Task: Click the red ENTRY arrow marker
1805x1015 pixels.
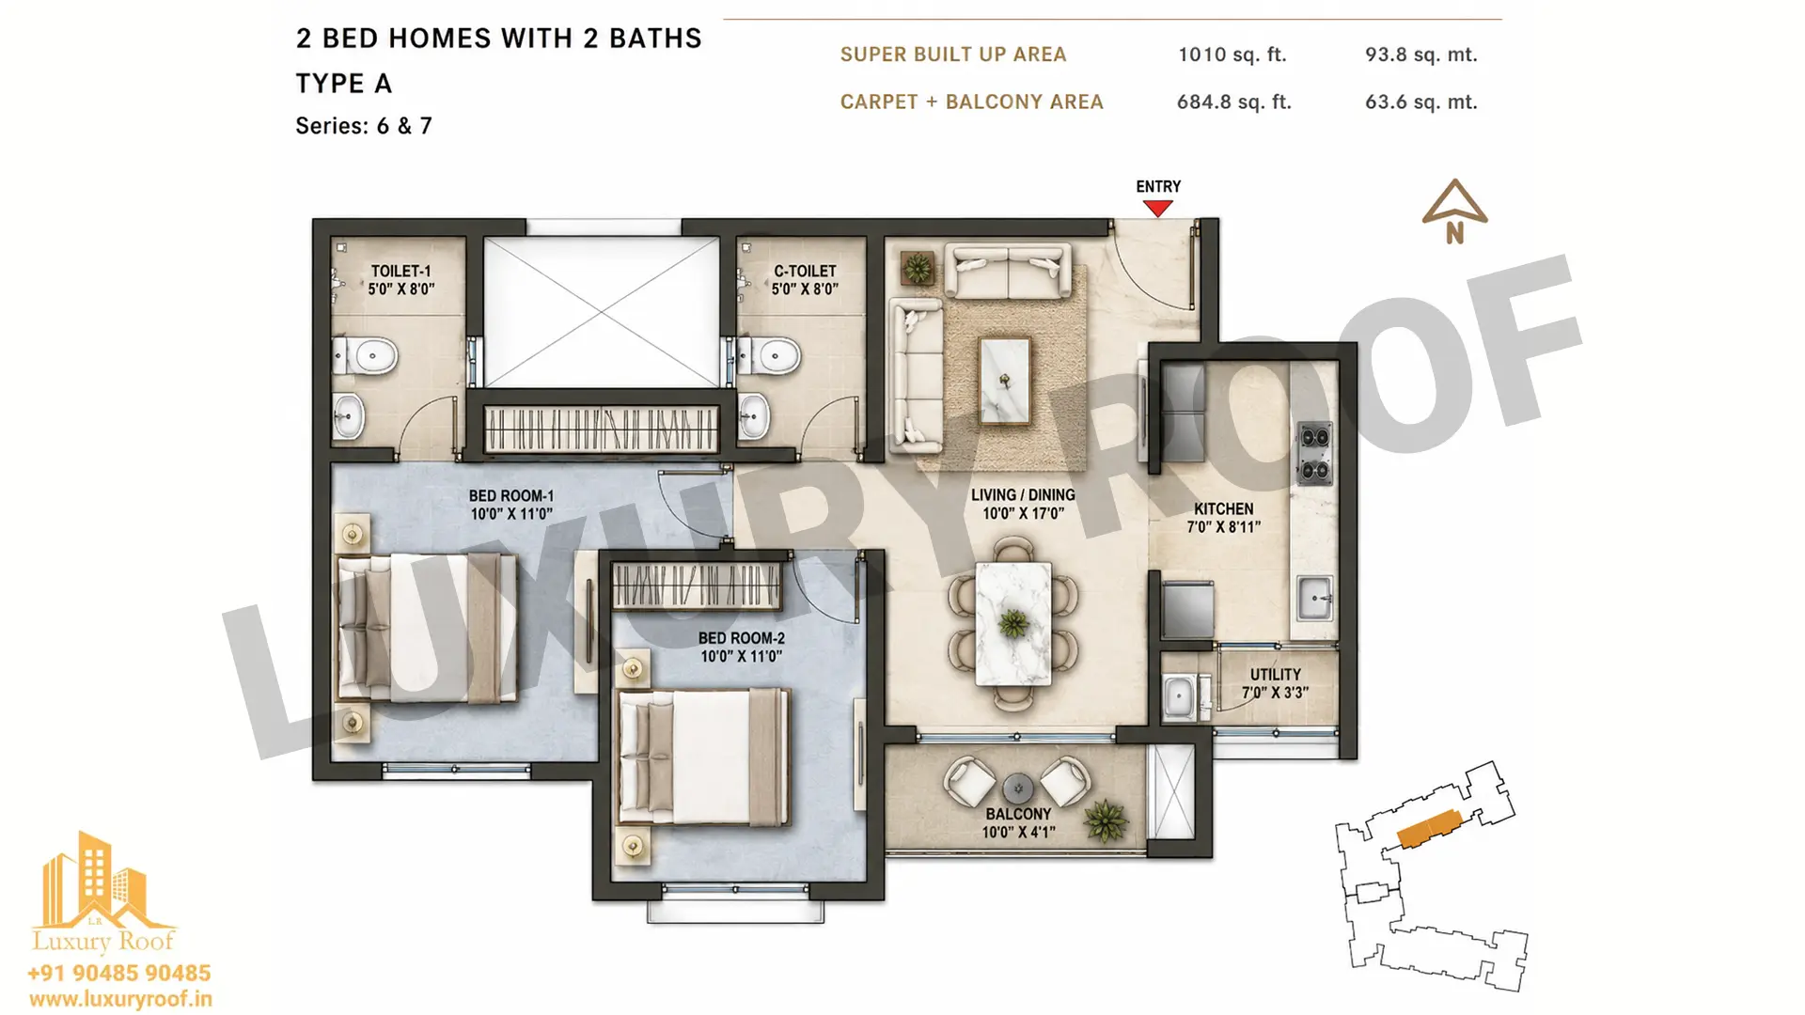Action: click(1157, 209)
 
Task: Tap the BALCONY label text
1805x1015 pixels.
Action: click(1018, 814)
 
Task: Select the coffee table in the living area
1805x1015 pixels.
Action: click(1005, 381)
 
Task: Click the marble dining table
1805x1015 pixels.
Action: click(1013, 623)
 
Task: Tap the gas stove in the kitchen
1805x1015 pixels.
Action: click(1314, 453)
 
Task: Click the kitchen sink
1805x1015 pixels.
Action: click(1315, 597)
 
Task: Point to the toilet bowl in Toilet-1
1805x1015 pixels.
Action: click(366, 357)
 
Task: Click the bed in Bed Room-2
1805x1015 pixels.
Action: click(703, 757)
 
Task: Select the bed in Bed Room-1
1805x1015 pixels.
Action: click(426, 628)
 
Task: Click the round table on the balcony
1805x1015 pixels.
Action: click(1018, 788)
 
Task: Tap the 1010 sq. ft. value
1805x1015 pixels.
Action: click(1232, 55)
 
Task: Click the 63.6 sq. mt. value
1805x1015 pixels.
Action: click(1420, 101)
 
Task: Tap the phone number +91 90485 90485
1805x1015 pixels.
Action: click(119, 974)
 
